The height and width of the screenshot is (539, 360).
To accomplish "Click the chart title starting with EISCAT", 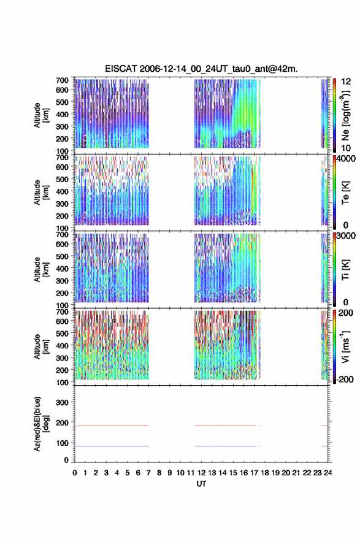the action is click(x=201, y=69).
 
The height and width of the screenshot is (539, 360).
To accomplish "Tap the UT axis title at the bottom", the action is click(x=201, y=484).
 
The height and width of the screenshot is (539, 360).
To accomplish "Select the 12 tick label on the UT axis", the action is click(x=202, y=473).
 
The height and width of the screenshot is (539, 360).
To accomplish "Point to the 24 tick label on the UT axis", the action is click(x=327, y=473).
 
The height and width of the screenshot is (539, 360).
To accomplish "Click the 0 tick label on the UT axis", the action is click(x=75, y=473).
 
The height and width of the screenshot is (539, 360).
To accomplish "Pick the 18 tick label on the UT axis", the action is click(x=265, y=473).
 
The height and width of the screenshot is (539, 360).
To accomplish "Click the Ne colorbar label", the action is click(x=345, y=115).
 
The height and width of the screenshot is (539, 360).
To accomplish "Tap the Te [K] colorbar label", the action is click(x=345, y=193).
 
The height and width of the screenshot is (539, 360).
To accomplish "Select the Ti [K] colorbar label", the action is click(x=345, y=270).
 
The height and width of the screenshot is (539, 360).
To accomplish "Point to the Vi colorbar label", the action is click(x=345, y=346).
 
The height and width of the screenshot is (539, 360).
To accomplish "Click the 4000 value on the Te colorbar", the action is click(x=347, y=158).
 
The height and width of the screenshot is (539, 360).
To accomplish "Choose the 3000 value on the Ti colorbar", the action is click(x=347, y=235).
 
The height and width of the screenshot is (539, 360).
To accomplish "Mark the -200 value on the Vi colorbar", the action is click(x=344, y=380).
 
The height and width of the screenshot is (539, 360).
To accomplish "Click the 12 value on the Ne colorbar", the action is click(x=346, y=82).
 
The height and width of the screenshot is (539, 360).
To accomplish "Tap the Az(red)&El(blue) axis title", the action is click(x=40, y=424).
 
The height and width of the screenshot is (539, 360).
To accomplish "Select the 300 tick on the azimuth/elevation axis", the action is click(x=62, y=402).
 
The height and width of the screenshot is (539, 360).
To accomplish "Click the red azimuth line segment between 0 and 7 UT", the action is click(x=112, y=426).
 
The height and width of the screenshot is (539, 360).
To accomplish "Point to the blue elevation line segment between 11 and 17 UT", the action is click(x=226, y=446).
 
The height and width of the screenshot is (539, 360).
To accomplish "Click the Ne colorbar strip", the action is click(x=334, y=115).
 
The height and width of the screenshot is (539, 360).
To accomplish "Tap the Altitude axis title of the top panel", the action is click(x=40, y=115).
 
